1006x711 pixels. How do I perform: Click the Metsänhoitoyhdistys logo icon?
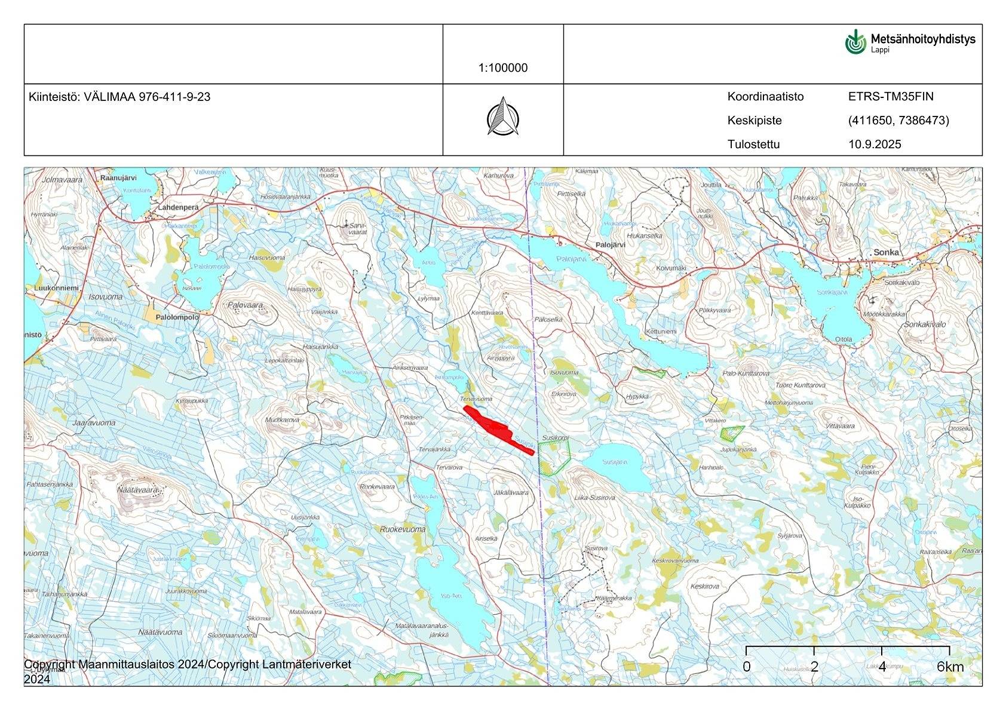(x=855, y=42)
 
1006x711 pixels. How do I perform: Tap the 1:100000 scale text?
(x=503, y=68)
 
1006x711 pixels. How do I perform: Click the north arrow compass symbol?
(x=503, y=116)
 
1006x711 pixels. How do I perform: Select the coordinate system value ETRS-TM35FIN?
(x=890, y=97)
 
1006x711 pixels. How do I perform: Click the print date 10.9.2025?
(x=875, y=144)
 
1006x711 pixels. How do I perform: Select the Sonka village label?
(x=886, y=252)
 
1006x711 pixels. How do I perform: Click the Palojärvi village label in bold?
(x=610, y=245)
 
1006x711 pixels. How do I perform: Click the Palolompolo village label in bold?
(x=177, y=317)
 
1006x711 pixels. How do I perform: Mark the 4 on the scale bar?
(x=882, y=667)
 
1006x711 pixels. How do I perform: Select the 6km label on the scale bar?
(x=950, y=667)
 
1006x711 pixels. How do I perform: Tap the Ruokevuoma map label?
(x=403, y=529)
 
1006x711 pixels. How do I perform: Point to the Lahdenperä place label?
(x=178, y=207)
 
